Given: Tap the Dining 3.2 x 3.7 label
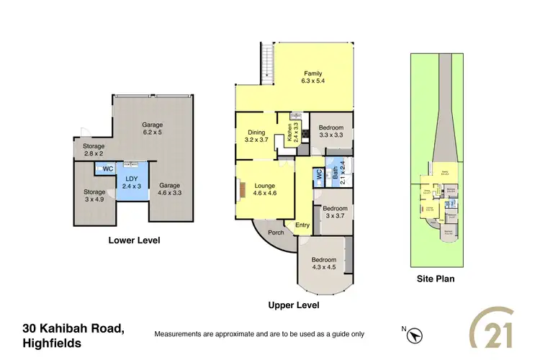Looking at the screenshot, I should point(256,136).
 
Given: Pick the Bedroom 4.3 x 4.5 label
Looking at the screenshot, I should point(324,264).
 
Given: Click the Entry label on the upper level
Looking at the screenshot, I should point(302,225).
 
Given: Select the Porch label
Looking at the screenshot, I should point(275,233).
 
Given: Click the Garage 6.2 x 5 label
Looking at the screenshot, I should point(152,128).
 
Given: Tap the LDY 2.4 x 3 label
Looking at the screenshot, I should point(131,182).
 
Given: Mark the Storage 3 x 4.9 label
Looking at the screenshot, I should point(94,196).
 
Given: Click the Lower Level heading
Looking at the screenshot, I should point(134,240).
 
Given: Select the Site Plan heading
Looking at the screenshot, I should point(436,279).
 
